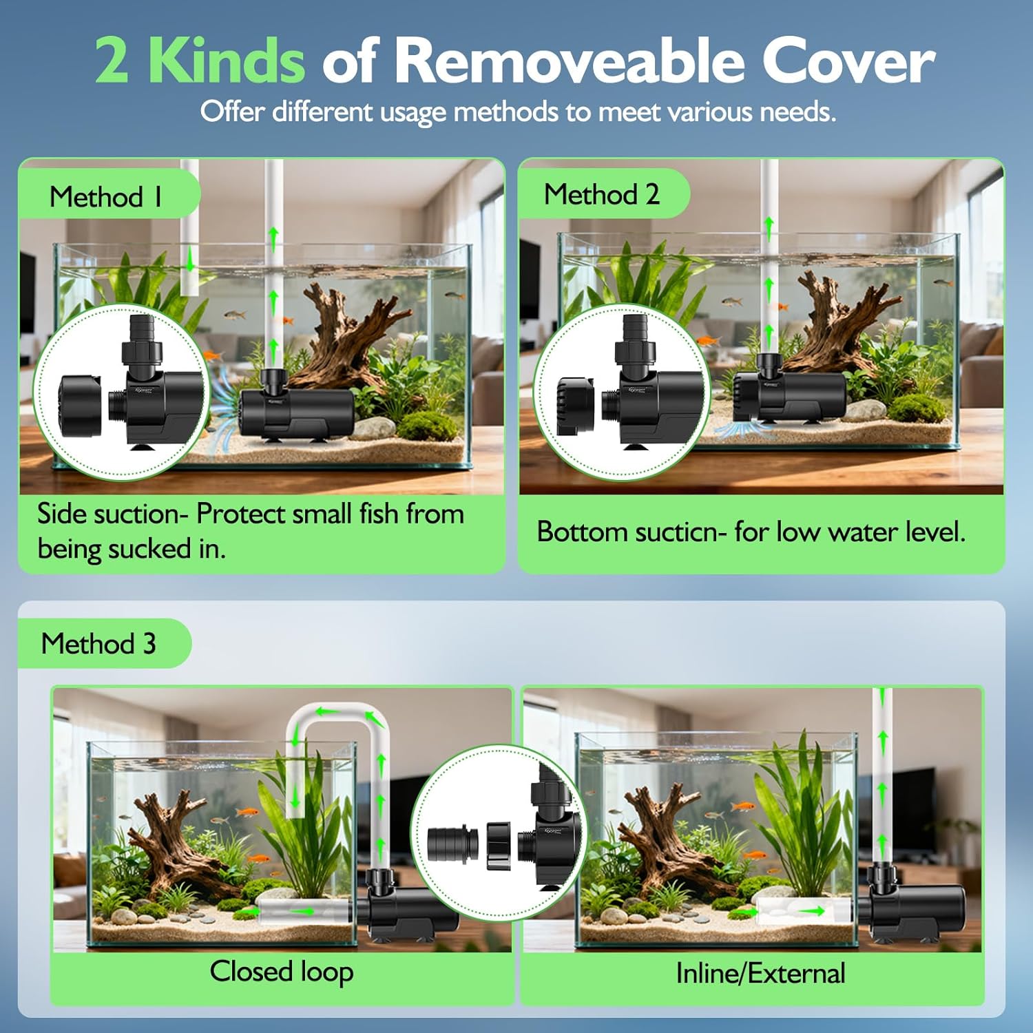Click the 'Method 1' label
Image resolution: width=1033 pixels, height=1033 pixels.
point(106,197)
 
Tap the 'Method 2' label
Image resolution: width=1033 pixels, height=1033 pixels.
point(601,194)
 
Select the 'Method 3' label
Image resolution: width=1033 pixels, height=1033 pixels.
point(98,644)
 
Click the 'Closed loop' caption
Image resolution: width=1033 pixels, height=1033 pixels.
point(282,972)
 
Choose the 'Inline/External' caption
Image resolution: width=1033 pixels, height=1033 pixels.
point(760,973)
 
